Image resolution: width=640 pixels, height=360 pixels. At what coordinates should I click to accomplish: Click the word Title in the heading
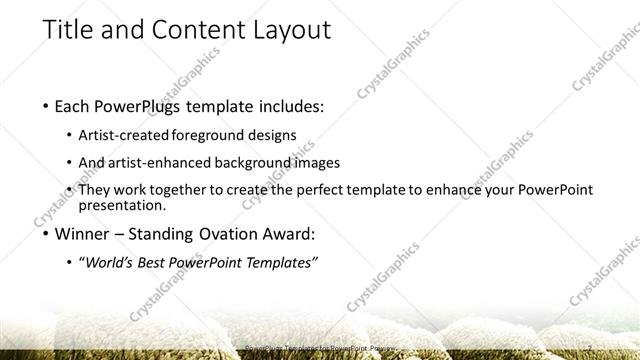pos(68,30)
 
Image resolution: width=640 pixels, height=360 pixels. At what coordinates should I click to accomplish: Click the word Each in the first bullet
pos(77,105)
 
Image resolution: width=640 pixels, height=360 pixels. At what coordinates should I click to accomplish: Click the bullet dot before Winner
pos(48,236)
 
